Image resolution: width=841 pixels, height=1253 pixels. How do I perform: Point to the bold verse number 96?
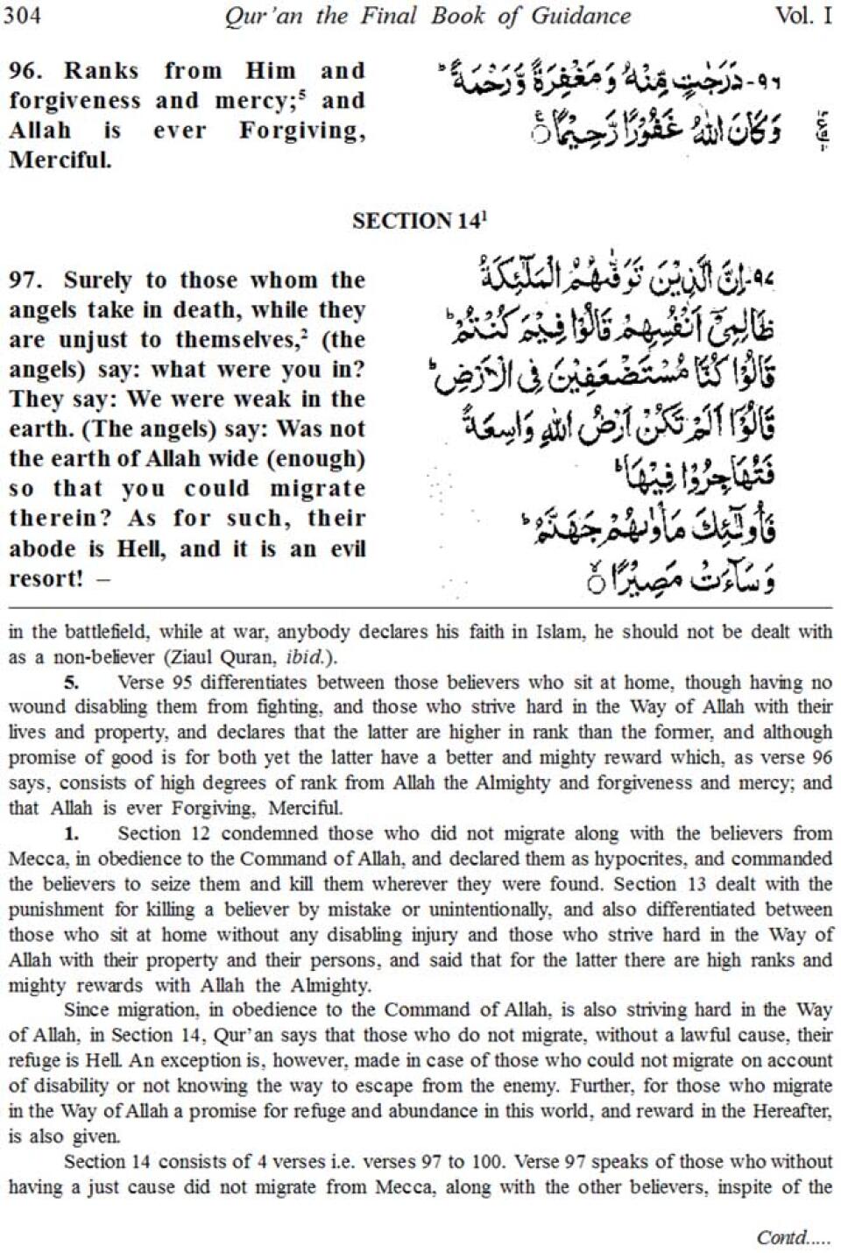coord(25,71)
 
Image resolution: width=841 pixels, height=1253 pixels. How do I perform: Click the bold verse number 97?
coord(25,280)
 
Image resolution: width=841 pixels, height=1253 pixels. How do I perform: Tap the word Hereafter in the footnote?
coord(790,1111)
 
